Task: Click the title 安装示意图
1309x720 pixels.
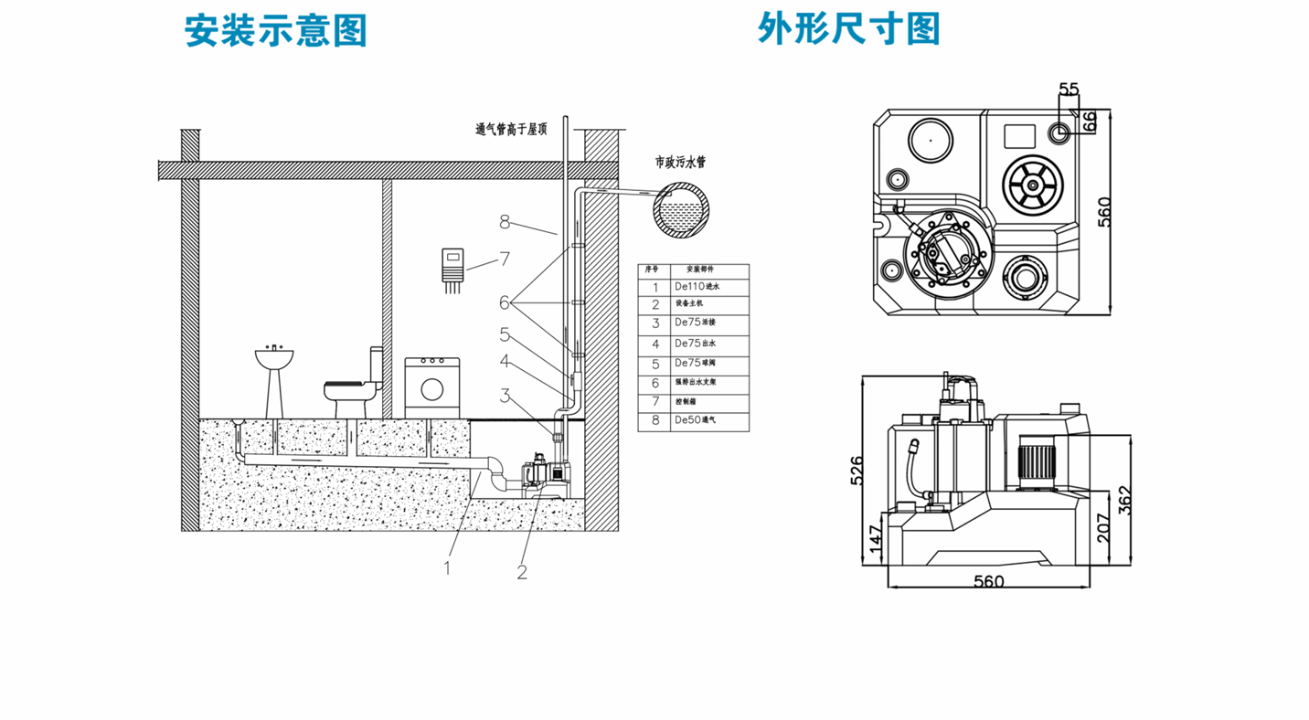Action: point(275,30)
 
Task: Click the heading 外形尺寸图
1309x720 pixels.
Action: point(848,28)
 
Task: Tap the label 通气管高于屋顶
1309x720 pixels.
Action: point(510,130)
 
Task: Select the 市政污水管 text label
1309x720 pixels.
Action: point(680,162)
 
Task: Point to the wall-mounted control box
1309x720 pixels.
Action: point(452,266)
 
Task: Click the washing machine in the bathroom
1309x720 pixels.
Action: point(431,387)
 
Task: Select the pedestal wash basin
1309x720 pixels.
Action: point(273,379)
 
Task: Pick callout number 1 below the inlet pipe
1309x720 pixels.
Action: point(447,567)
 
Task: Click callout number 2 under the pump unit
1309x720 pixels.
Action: point(522,572)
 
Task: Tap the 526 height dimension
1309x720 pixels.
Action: point(857,470)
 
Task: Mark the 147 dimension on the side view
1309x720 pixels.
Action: point(875,539)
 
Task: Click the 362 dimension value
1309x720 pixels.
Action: point(1125,501)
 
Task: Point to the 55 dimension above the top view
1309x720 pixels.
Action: point(1069,89)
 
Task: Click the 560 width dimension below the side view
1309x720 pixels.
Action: point(989,581)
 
